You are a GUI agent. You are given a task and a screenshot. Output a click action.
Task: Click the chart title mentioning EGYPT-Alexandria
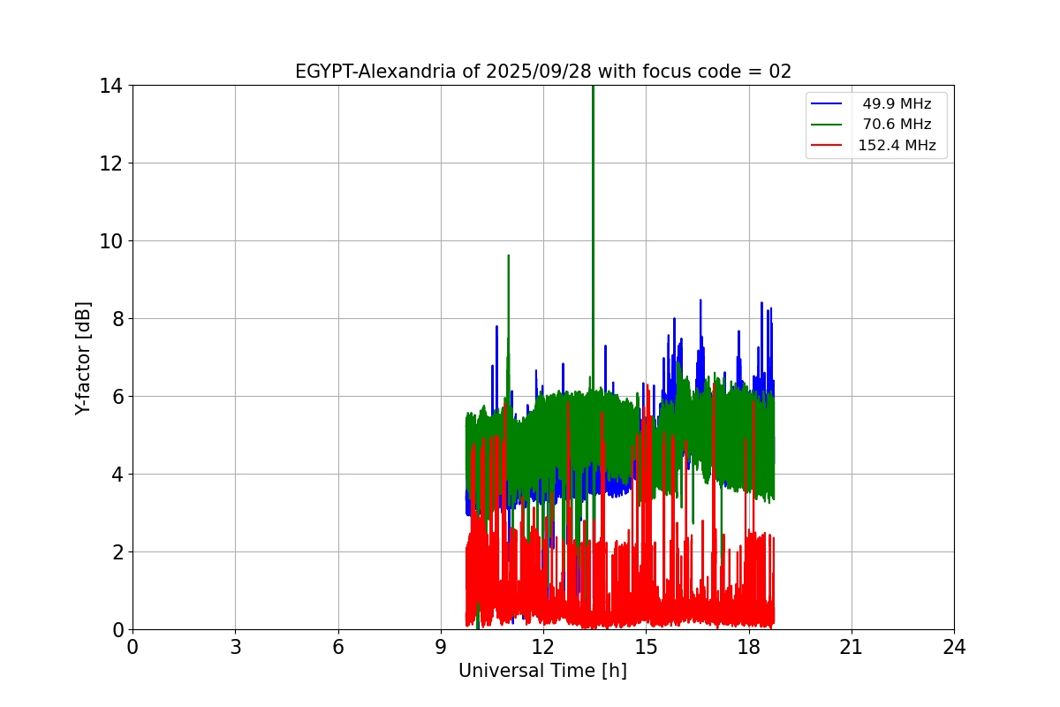coord(542,72)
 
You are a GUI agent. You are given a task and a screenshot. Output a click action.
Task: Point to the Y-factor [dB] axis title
coord(83,358)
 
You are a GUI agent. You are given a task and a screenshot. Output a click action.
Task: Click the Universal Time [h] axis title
coord(542,671)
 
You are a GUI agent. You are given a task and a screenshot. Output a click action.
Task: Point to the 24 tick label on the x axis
coord(954,648)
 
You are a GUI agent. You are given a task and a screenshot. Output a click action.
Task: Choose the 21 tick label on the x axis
coord(852,648)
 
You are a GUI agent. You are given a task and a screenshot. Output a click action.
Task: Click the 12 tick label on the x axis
coord(543,648)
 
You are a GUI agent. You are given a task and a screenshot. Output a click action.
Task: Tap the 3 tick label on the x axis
coord(235,648)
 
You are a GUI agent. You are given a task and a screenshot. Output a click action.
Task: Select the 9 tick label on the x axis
coord(441,648)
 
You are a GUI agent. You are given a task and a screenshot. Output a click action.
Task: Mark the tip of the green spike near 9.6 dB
coord(509,255)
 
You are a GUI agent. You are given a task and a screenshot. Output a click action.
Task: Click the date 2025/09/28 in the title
coord(533,72)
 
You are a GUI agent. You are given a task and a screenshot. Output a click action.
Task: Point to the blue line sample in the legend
coord(827,104)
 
